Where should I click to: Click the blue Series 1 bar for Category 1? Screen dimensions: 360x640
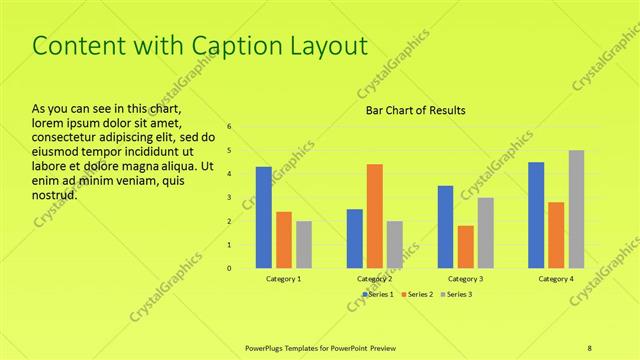(x=263, y=217)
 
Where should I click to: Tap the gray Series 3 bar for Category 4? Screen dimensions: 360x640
(x=576, y=209)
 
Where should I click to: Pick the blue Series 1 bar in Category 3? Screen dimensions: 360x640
(x=445, y=227)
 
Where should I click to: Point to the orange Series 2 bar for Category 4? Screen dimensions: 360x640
(x=556, y=235)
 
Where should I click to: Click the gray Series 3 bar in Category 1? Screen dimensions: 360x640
(x=304, y=244)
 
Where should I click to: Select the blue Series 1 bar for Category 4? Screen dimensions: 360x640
(x=536, y=215)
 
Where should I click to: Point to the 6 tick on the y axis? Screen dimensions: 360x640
(x=229, y=127)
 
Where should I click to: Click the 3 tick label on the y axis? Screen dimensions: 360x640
(x=229, y=197)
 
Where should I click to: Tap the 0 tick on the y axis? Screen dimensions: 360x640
(x=229, y=268)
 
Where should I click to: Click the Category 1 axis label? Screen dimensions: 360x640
(x=284, y=279)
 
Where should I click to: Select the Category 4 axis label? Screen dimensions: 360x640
(x=556, y=279)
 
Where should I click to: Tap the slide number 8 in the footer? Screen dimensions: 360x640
(x=590, y=346)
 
